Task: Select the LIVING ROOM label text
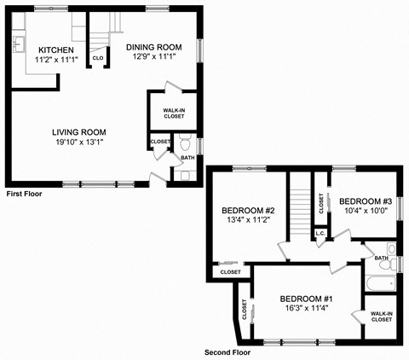point(79,131)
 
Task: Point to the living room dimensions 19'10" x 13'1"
point(79,142)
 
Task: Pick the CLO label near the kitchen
point(98,58)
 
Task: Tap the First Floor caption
point(25,195)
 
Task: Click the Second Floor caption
point(228,351)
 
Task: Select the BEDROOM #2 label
point(247,211)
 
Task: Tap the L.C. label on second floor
point(321,233)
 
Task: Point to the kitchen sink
point(20,44)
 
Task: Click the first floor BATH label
point(187,157)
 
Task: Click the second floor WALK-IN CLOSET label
point(381,316)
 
